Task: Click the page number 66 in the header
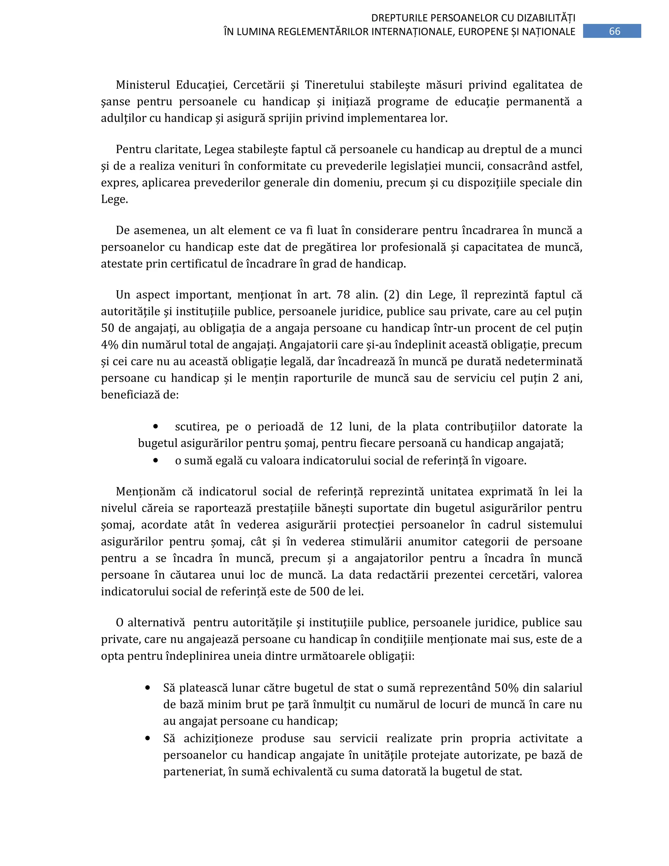click(x=614, y=31)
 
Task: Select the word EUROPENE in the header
click(x=483, y=32)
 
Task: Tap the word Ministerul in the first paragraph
click(x=143, y=85)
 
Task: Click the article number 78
click(x=343, y=295)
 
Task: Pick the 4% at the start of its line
click(x=109, y=344)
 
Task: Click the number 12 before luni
click(x=336, y=427)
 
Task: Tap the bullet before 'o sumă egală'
click(x=155, y=460)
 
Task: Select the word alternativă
click(x=156, y=622)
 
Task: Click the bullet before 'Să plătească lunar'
click(x=147, y=688)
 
